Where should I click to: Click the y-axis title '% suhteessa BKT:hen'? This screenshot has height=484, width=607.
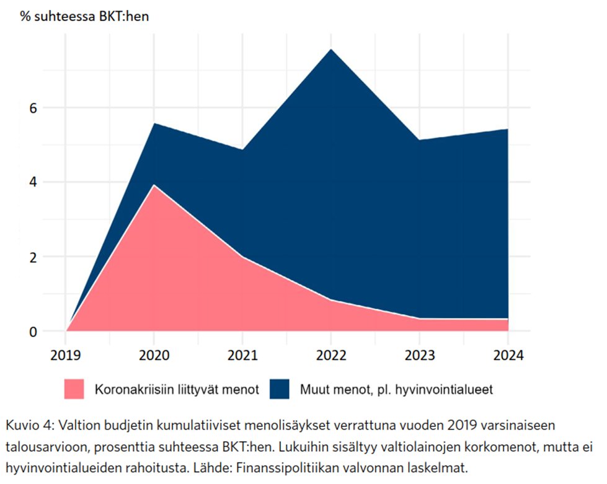point(84,16)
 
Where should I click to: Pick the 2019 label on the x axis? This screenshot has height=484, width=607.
point(66,356)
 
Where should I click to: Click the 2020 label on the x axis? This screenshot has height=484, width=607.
point(154,356)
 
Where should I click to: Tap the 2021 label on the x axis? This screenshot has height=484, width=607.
point(242,356)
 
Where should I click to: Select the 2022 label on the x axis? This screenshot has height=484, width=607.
point(331,356)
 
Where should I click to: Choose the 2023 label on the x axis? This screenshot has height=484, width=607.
point(420,356)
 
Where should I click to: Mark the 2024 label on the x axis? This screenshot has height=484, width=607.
point(508,356)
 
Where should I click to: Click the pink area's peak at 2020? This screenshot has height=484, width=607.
point(154,186)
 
